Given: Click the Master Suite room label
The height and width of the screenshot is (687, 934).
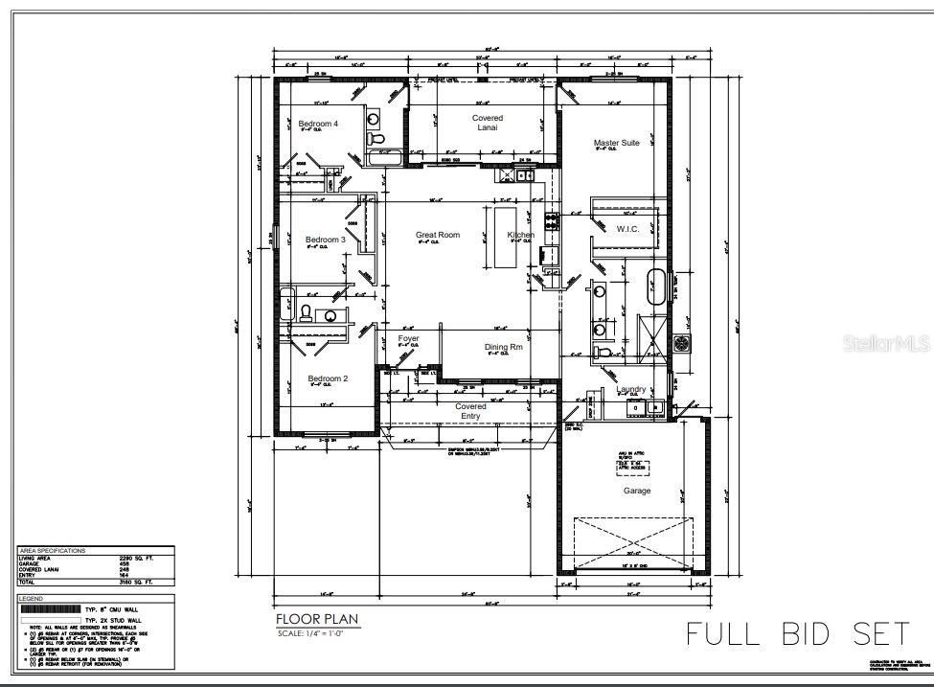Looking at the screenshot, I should (x=616, y=143).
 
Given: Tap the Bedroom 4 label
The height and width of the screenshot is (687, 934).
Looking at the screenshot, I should (x=317, y=124).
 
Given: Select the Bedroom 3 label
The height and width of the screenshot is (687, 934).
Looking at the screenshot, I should (x=325, y=240).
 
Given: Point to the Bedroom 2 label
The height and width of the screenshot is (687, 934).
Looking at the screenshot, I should (x=328, y=378).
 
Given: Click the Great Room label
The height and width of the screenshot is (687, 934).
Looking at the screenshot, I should (x=437, y=235).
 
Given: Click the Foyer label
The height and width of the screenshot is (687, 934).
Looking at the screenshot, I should (x=408, y=338).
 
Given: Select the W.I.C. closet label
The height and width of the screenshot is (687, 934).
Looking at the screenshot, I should (x=627, y=229).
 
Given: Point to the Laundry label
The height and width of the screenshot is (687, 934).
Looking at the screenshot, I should (x=631, y=389).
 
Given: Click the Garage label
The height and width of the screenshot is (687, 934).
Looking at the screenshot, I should (x=637, y=491).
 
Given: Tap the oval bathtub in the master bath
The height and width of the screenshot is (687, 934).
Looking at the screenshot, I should (x=657, y=287).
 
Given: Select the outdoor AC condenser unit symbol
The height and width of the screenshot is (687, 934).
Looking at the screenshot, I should (x=682, y=342).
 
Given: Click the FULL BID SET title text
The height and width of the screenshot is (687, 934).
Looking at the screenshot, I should (x=797, y=633).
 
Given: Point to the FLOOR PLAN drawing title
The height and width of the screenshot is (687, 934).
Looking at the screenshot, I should (x=317, y=620).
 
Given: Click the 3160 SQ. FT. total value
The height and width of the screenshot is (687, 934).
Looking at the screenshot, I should (x=130, y=583).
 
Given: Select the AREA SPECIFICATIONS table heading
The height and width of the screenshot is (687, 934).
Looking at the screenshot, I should (x=52, y=551).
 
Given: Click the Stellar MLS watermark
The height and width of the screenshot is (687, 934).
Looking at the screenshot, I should (x=887, y=341).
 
